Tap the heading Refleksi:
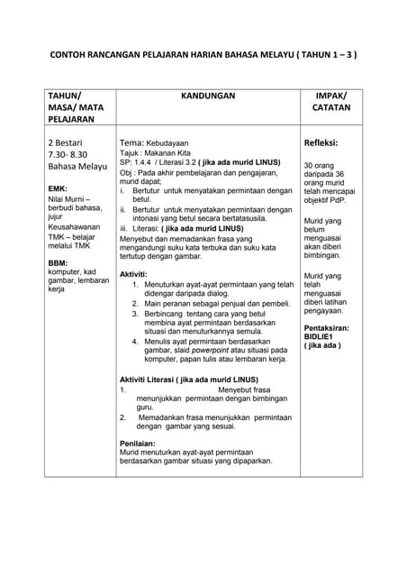[321, 142]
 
